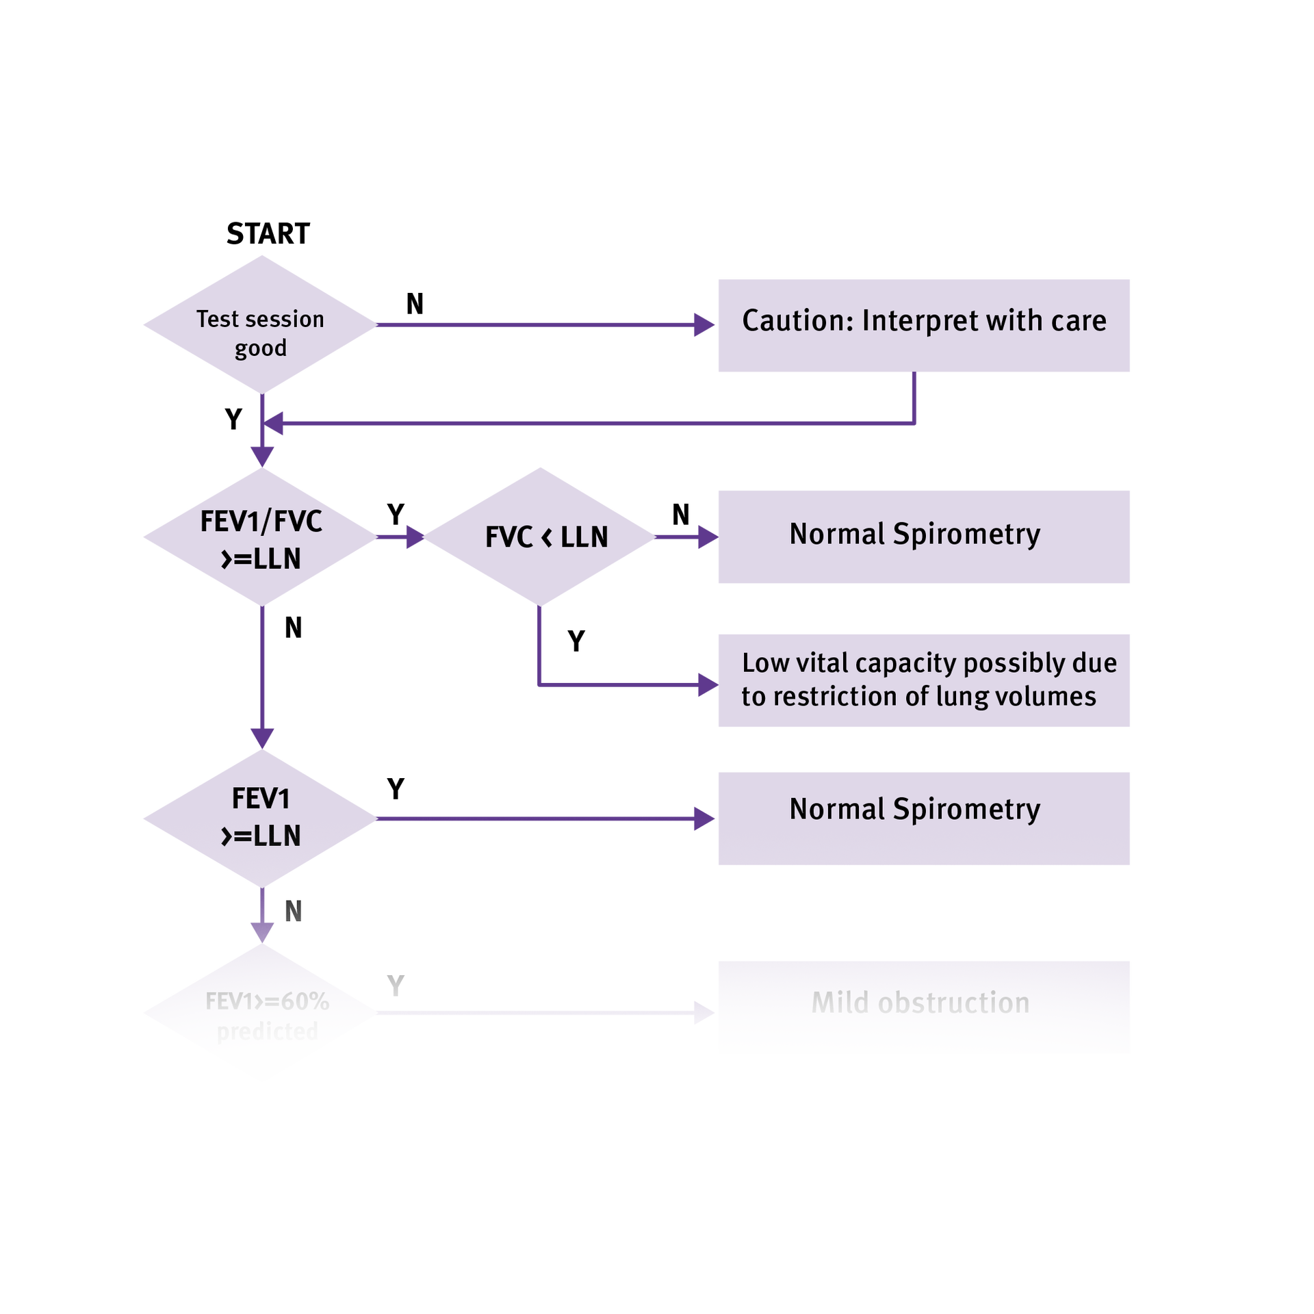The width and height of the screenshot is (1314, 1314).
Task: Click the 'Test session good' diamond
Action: click(260, 325)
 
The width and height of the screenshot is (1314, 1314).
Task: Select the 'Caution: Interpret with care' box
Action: click(923, 326)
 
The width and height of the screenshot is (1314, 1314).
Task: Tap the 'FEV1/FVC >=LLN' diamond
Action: click(260, 537)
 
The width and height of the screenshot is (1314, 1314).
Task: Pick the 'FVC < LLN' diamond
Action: click(541, 537)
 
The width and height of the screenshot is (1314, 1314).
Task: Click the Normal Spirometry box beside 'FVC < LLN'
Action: click(923, 537)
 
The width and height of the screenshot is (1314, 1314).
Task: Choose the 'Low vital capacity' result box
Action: click(923, 680)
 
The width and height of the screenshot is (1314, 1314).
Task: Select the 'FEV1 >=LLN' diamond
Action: click(260, 818)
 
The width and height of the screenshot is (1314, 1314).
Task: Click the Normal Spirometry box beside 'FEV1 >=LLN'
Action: click(923, 819)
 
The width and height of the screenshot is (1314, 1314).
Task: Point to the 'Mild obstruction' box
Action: click(923, 1007)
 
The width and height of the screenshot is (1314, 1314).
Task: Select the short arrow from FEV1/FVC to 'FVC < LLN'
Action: click(401, 537)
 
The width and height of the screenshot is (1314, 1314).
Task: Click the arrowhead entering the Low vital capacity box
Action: click(706, 684)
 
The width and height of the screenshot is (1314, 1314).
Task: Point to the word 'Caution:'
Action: click(797, 321)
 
